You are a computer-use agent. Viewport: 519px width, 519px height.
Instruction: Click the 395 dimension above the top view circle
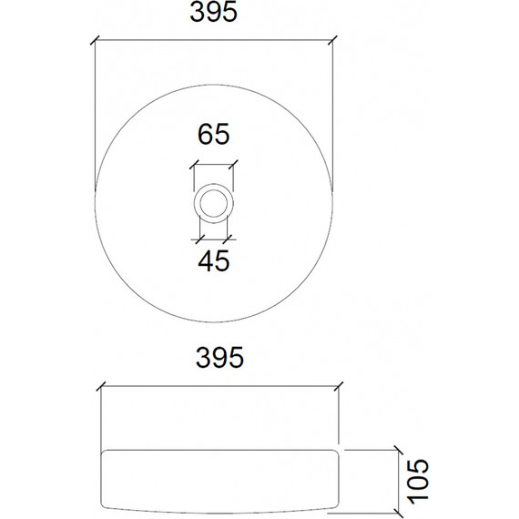click(214, 14)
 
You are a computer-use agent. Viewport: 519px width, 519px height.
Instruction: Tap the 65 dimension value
click(214, 135)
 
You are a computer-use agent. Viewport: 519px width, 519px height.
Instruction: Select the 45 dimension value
click(214, 260)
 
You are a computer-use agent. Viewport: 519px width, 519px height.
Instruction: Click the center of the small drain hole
click(214, 202)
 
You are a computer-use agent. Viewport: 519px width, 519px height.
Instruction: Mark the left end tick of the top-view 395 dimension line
click(96, 40)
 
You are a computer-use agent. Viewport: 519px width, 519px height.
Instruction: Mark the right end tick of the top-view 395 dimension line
click(333, 40)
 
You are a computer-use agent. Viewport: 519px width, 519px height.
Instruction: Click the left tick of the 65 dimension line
click(193, 166)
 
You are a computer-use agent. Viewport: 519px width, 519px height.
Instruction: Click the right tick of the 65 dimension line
click(234, 166)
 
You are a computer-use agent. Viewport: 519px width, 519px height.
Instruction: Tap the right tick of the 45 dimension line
click(228, 239)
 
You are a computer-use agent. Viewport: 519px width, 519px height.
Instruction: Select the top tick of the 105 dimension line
click(398, 448)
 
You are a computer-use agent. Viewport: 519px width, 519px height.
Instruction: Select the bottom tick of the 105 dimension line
click(398, 512)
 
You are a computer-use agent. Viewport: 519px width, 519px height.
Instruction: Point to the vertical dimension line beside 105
click(398, 480)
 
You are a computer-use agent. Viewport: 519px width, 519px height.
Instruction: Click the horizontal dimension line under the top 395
click(214, 40)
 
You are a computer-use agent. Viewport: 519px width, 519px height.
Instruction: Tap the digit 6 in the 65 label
click(206, 135)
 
